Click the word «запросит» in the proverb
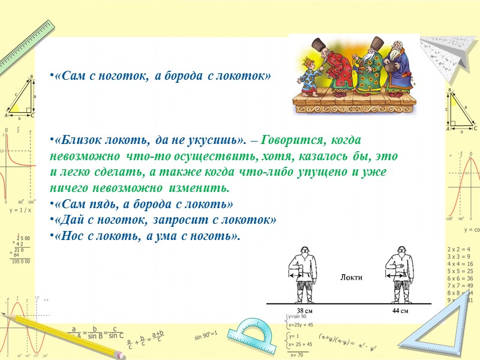pyautogui.click(x=176, y=220)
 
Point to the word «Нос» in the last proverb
pyautogui.click(x=68, y=235)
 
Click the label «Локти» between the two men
pyautogui.click(x=351, y=277)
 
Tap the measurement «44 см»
pyautogui.click(x=400, y=311)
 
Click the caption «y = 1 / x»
pyautogui.click(x=21, y=211)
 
